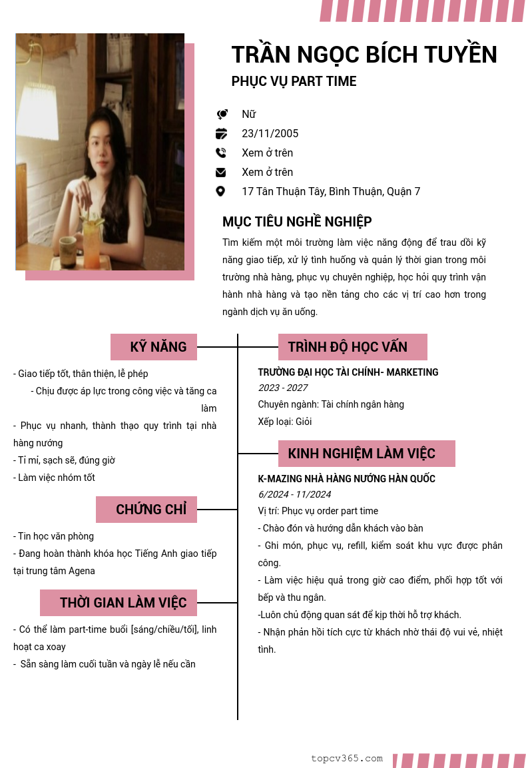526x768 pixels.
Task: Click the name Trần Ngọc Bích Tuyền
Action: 364,55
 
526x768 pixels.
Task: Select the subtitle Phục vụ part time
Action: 294,81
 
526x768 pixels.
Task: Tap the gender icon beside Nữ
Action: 222,115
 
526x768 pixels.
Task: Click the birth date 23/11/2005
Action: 270,133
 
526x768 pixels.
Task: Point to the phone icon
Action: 221,153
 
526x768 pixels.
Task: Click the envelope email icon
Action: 221,172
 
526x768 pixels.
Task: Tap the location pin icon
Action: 221,191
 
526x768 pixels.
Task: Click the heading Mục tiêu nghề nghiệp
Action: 297,222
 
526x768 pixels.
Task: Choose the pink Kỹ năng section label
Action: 154,347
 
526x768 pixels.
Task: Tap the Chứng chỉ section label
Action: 146,510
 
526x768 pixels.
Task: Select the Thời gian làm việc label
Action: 119,603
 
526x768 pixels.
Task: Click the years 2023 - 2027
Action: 283,388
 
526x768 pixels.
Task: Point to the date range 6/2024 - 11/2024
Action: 294,494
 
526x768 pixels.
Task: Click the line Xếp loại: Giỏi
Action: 285,422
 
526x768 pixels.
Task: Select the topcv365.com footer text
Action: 347,758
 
